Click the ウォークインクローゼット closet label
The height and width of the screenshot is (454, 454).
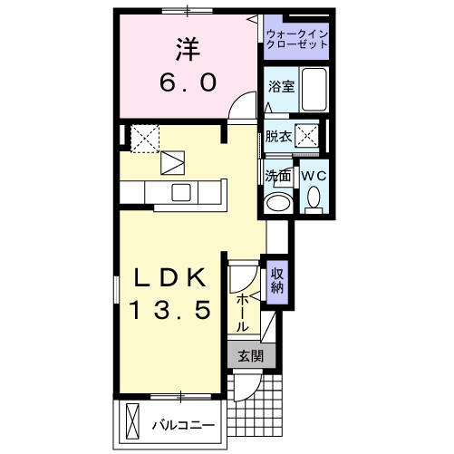coord(296,38)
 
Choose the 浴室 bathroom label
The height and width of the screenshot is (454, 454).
coord(280,88)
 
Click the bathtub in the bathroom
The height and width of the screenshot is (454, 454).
coord(314,90)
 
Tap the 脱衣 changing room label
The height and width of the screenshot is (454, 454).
coord(277,137)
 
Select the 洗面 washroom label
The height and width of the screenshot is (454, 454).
coord(276,175)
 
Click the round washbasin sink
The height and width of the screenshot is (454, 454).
coord(278,202)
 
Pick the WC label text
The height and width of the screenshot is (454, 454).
coord(314,175)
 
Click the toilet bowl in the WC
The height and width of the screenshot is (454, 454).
coord(314,197)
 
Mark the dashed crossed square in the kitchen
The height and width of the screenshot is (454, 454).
coord(145,138)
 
